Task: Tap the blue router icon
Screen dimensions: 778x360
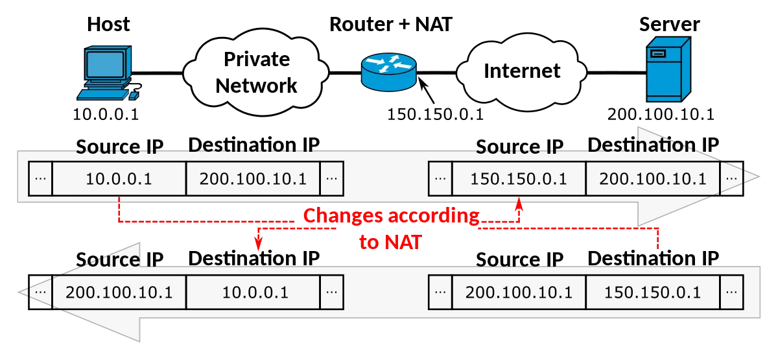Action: click(388, 72)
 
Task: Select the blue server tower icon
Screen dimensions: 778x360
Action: click(668, 69)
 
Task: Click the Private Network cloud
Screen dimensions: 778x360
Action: click(256, 72)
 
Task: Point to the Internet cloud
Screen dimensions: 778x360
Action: click(521, 72)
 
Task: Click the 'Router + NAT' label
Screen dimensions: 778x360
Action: click(391, 25)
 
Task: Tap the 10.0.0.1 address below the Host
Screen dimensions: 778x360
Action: click(106, 114)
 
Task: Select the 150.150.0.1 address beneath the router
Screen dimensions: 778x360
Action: click(435, 114)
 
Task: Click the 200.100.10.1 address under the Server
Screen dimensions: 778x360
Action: click(661, 114)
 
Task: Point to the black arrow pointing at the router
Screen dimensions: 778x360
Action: click(426, 90)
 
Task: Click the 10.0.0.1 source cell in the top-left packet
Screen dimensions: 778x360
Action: click(119, 178)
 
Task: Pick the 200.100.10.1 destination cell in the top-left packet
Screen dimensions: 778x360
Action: click(253, 178)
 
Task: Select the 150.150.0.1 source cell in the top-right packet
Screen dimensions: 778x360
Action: click(519, 178)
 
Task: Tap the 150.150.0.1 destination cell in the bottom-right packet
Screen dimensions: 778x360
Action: click(653, 293)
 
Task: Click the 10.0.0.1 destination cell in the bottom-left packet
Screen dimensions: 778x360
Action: click(253, 293)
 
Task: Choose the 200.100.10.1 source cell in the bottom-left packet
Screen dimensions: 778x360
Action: click(119, 293)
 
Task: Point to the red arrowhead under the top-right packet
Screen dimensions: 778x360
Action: click(519, 204)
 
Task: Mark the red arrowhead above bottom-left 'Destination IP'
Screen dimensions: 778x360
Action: click(258, 243)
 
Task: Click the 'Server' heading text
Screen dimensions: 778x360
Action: click(669, 25)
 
